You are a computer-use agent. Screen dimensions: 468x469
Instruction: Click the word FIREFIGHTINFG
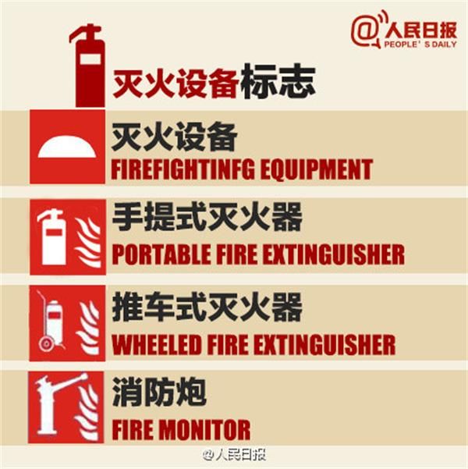click(183, 169)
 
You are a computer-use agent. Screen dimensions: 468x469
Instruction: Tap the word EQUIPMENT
click(317, 169)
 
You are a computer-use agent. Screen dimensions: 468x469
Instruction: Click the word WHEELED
click(156, 344)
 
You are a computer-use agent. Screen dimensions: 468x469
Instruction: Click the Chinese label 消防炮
click(159, 392)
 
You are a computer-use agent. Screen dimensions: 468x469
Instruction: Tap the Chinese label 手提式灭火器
click(207, 216)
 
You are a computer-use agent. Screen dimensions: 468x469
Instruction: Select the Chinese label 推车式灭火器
click(207, 307)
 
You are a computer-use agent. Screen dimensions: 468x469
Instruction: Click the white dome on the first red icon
click(67, 147)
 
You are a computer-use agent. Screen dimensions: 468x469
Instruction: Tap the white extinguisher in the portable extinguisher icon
click(52, 237)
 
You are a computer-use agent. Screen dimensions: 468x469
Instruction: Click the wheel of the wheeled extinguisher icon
click(46, 343)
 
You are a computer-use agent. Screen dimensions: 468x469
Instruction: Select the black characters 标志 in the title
click(278, 80)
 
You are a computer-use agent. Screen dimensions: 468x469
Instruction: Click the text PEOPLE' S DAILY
click(420, 44)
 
